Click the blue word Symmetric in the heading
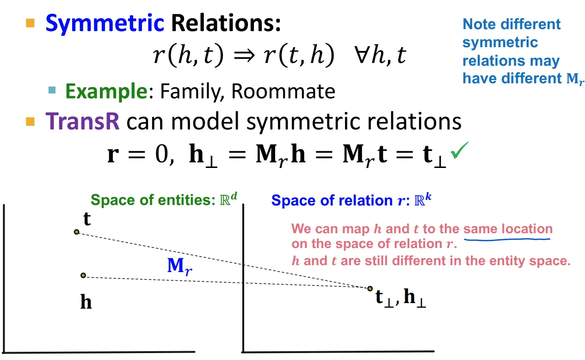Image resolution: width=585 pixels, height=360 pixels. pyautogui.click(x=105, y=24)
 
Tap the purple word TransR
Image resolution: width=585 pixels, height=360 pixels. pyautogui.click(x=82, y=121)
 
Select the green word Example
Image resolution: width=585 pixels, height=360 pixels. pyautogui.click(x=106, y=92)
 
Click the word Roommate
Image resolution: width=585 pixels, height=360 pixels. pyautogui.click(x=283, y=91)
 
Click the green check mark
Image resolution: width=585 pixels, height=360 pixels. pyautogui.click(x=459, y=150)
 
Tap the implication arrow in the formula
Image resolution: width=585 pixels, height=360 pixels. pyautogui.click(x=244, y=56)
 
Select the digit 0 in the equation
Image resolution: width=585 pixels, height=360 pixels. pyautogui.click(x=161, y=155)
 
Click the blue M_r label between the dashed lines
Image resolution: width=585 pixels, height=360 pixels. pyautogui.click(x=180, y=266)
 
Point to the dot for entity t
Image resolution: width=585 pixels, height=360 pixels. pyautogui.click(x=76, y=232)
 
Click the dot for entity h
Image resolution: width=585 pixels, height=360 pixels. pyautogui.click(x=83, y=275)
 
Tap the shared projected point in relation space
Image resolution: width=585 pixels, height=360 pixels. pyautogui.click(x=370, y=289)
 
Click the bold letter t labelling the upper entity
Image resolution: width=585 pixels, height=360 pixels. pyautogui.click(x=87, y=219)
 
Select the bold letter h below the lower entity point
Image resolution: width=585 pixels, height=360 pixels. pyautogui.click(x=86, y=302)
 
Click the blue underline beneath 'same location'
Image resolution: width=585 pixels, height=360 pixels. pyautogui.click(x=507, y=239)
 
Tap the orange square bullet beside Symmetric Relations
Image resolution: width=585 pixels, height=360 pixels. pyautogui.click(x=31, y=23)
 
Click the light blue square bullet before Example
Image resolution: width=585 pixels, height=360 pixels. pyautogui.click(x=52, y=90)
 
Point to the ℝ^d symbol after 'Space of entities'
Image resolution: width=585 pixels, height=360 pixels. pyautogui.click(x=228, y=199)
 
